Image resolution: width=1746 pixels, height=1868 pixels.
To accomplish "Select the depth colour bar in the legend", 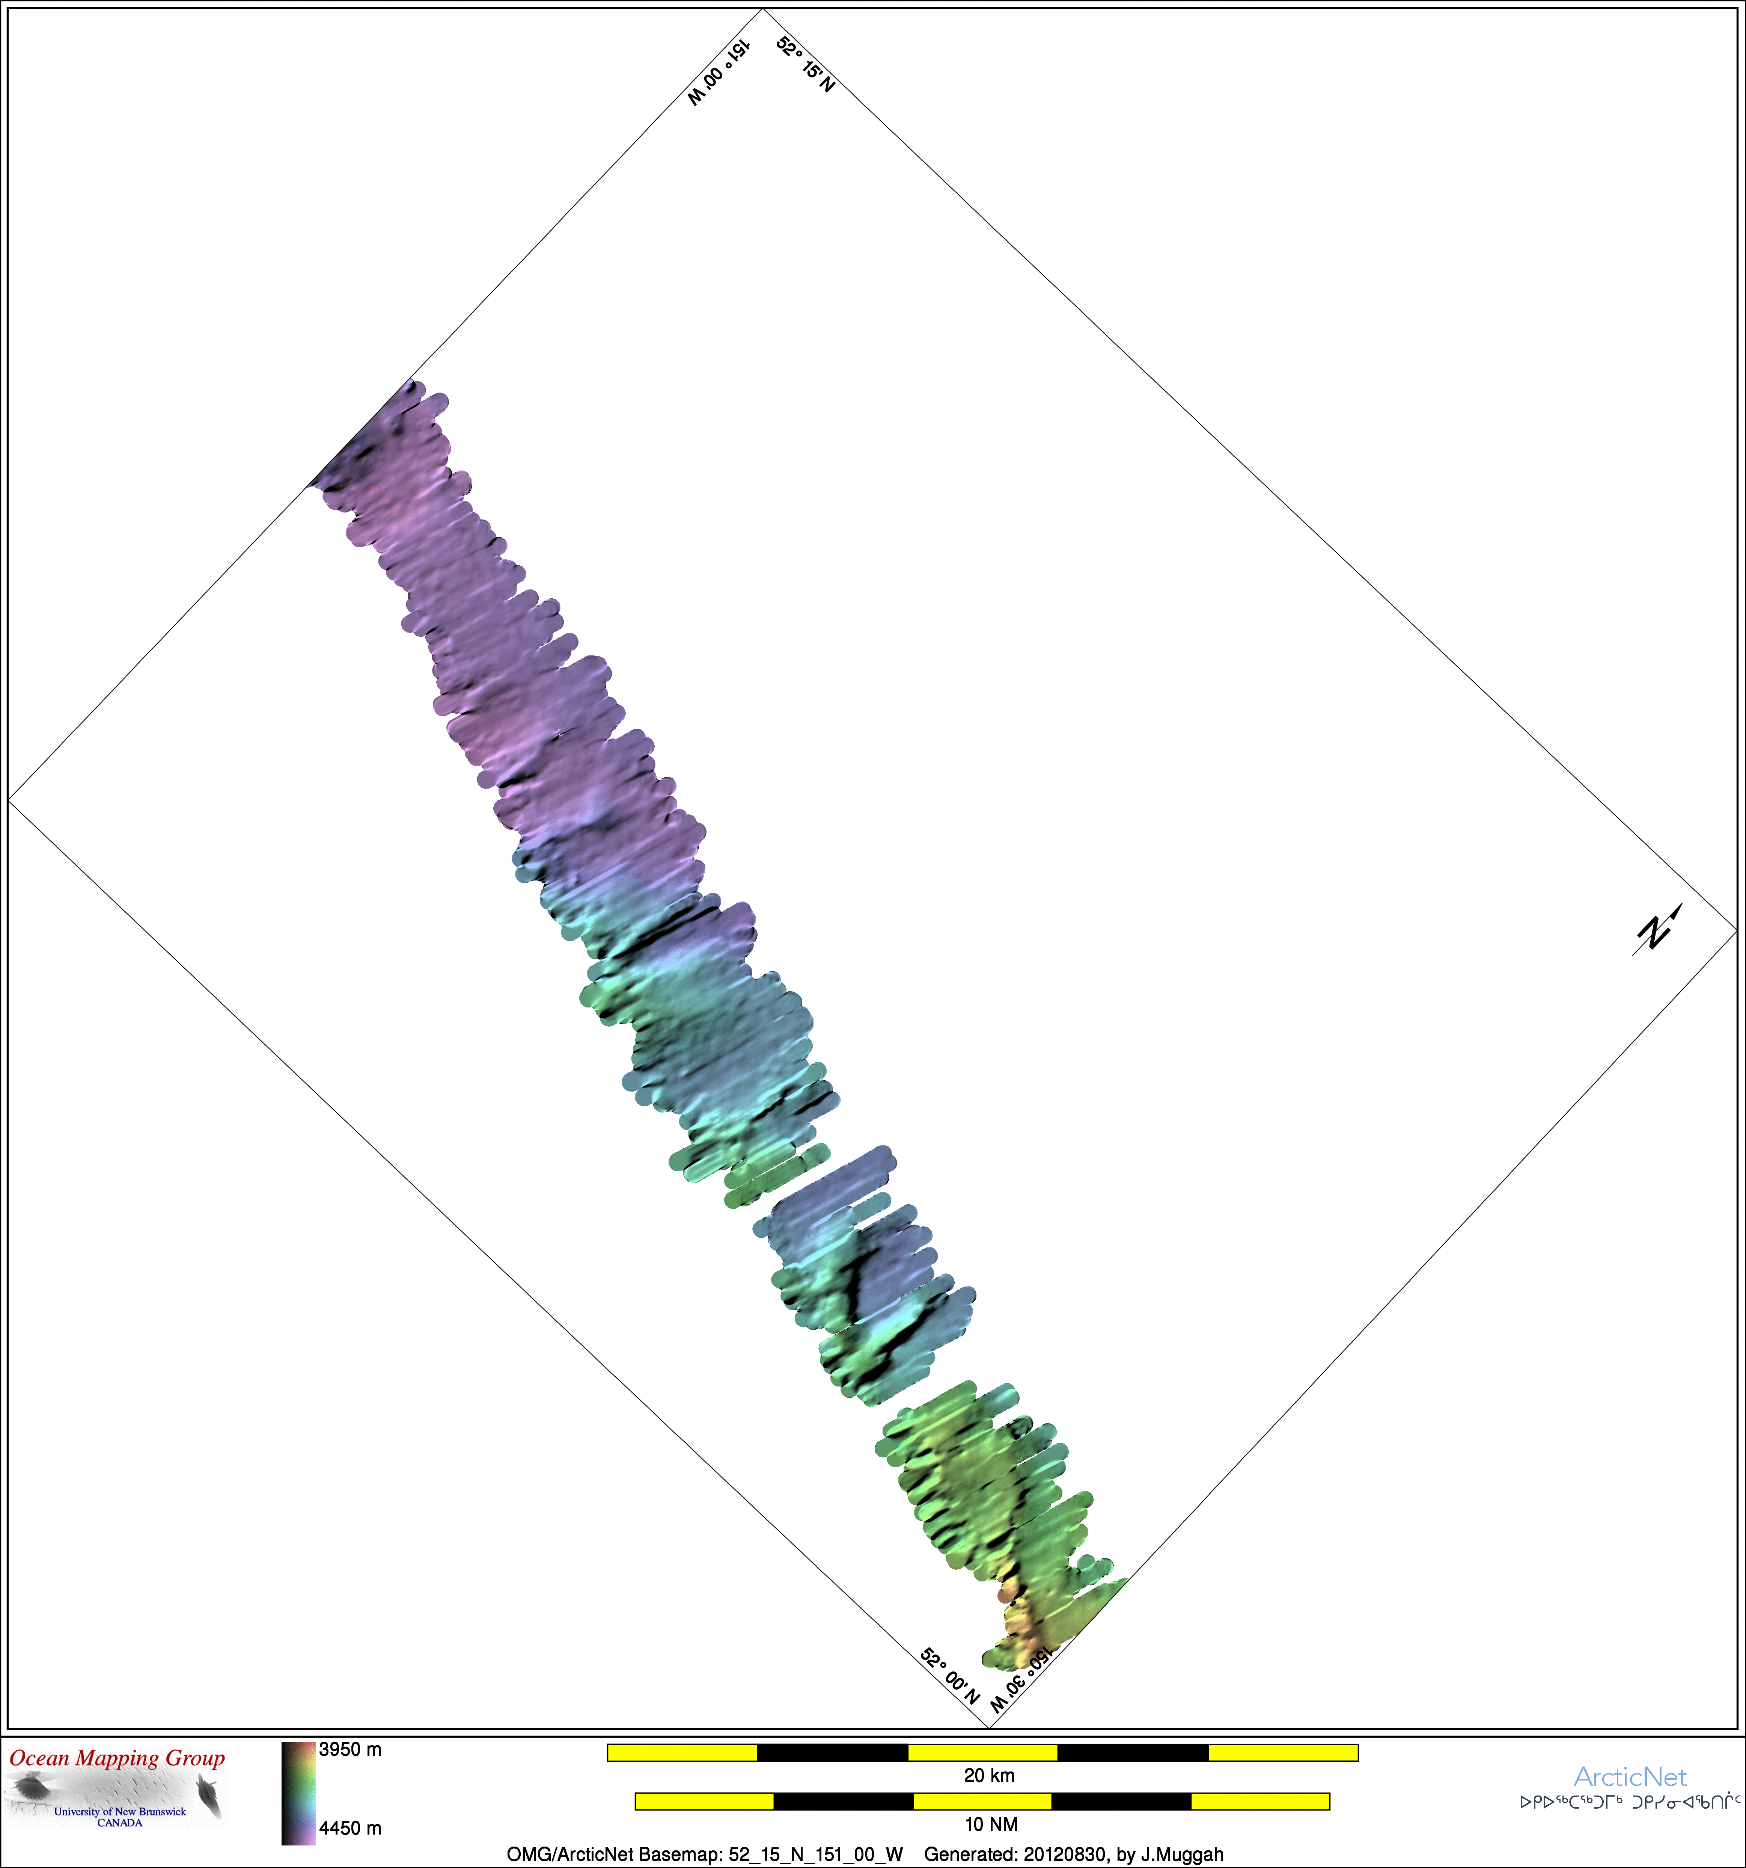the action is click(299, 1793).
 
